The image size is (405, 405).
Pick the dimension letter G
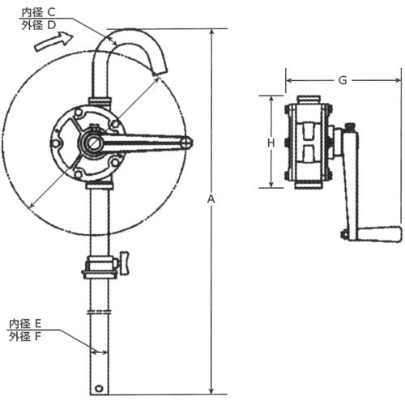(x=343, y=80)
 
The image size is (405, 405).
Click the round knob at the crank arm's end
(x=186, y=143)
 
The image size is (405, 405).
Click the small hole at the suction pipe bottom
(x=99, y=387)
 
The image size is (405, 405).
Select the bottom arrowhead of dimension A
(x=212, y=391)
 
